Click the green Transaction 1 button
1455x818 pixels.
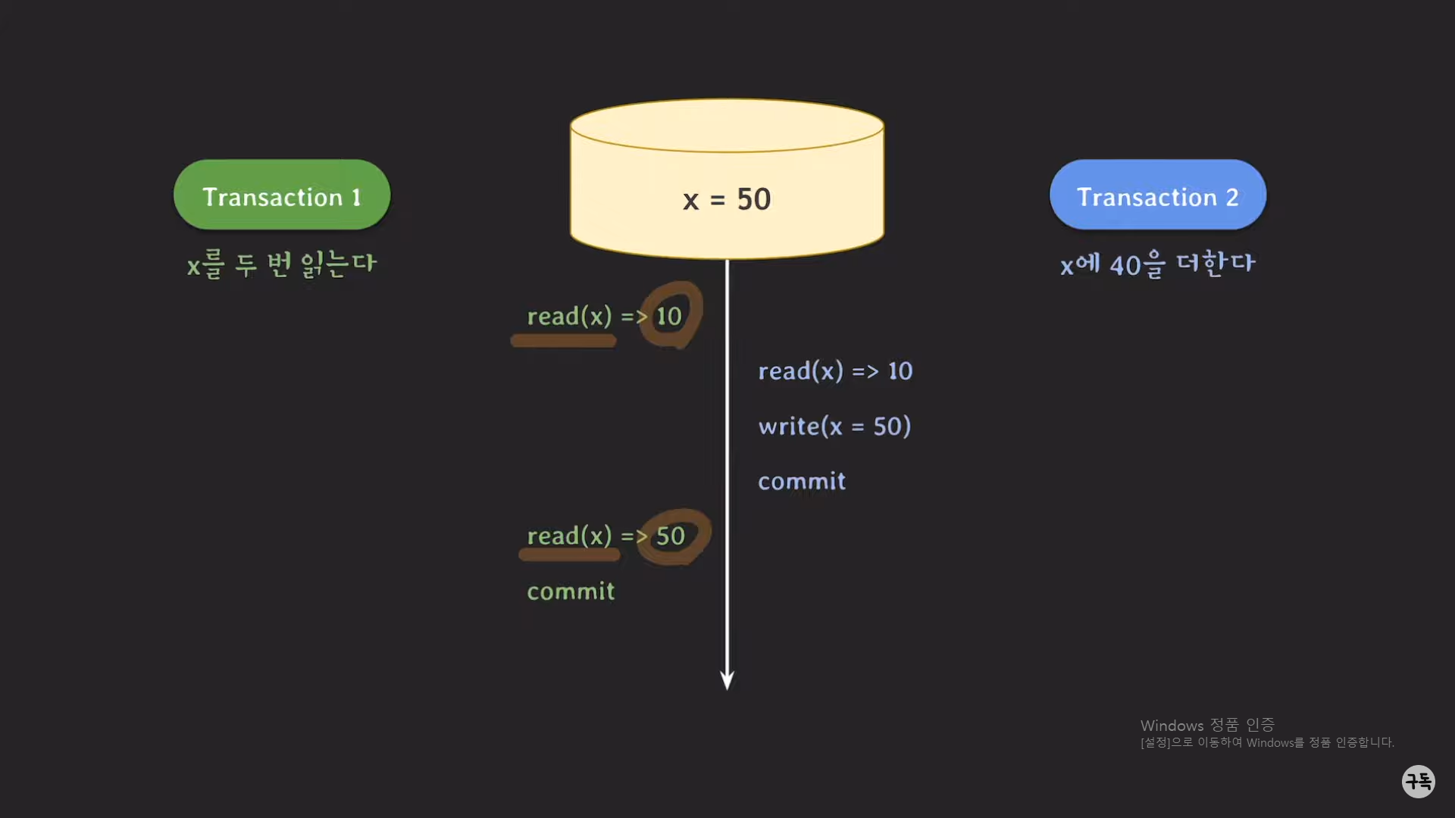pyautogui.click(x=282, y=195)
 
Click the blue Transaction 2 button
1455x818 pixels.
pyautogui.click(x=1157, y=195)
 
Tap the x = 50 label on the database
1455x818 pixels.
pyautogui.click(x=726, y=199)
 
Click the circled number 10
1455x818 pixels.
pyautogui.click(x=669, y=316)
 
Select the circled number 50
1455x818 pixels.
pyautogui.click(x=671, y=536)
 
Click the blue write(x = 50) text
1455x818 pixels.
pyautogui.click(x=834, y=426)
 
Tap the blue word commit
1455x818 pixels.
pyautogui.click(x=802, y=482)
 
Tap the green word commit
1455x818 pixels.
pyautogui.click(x=571, y=592)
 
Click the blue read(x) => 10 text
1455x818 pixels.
pyautogui.click(x=835, y=371)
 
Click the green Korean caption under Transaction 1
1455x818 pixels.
pyautogui.click(x=281, y=264)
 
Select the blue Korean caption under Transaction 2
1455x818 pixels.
pyautogui.click(x=1157, y=264)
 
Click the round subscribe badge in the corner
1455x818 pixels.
pyautogui.click(x=1418, y=781)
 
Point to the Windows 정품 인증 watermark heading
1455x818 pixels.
pyautogui.click(x=1207, y=726)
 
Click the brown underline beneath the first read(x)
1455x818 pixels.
pyautogui.click(x=563, y=342)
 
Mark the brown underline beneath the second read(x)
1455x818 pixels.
pyautogui.click(x=569, y=555)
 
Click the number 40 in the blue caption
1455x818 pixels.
pyautogui.click(x=1125, y=266)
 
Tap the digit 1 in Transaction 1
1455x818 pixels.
pyautogui.click(x=356, y=198)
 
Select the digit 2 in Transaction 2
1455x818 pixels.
pyautogui.click(x=1232, y=198)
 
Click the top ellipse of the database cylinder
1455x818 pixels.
pyautogui.click(x=727, y=126)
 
